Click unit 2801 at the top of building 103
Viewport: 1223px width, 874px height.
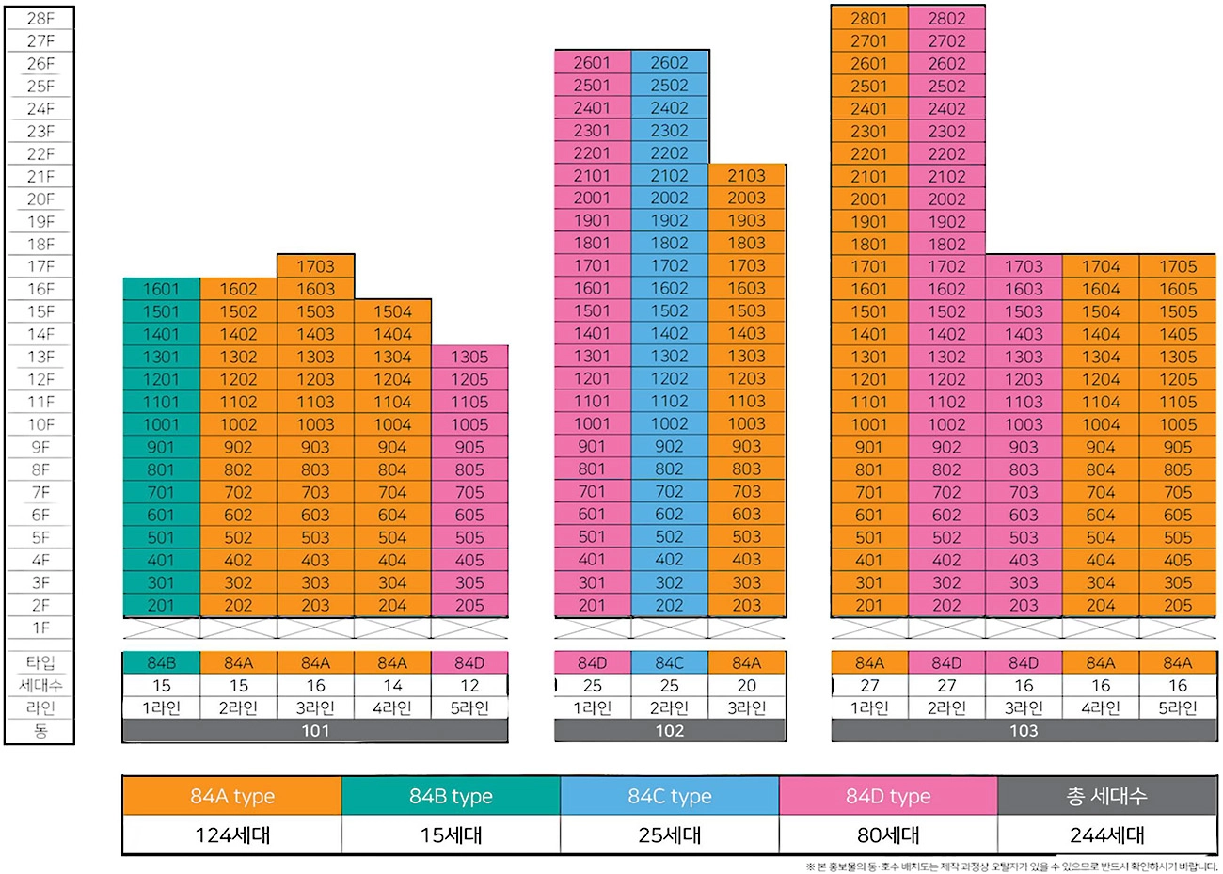tap(868, 18)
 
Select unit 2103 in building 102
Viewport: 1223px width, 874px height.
tap(746, 176)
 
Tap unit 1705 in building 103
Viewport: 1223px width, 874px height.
tap(1177, 266)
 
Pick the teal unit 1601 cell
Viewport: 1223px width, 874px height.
tap(161, 289)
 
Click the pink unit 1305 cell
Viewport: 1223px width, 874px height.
tap(469, 357)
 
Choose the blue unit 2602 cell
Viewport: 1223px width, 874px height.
tap(669, 63)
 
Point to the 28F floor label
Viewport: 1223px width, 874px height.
tap(40, 18)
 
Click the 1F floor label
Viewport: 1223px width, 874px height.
tap(40, 628)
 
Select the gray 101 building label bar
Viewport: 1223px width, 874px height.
tap(315, 731)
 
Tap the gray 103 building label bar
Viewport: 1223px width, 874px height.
tap(1024, 731)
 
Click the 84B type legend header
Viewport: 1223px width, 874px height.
tap(451, 796)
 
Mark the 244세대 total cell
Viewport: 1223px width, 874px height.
tap(1106, 834)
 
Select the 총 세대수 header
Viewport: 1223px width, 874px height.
tap(1106, 796)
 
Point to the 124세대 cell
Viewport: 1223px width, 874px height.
tap(231, 834)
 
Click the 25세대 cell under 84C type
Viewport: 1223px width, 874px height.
tap(669, 834)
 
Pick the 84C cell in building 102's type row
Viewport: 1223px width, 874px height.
tap(669, 663)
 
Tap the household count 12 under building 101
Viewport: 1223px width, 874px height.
tap(469, 686)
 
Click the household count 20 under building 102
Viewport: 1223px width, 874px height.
tap(746, 686)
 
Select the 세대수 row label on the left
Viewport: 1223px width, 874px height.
tap(40, 686)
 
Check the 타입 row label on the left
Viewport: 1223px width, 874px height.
tap(40, 663)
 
